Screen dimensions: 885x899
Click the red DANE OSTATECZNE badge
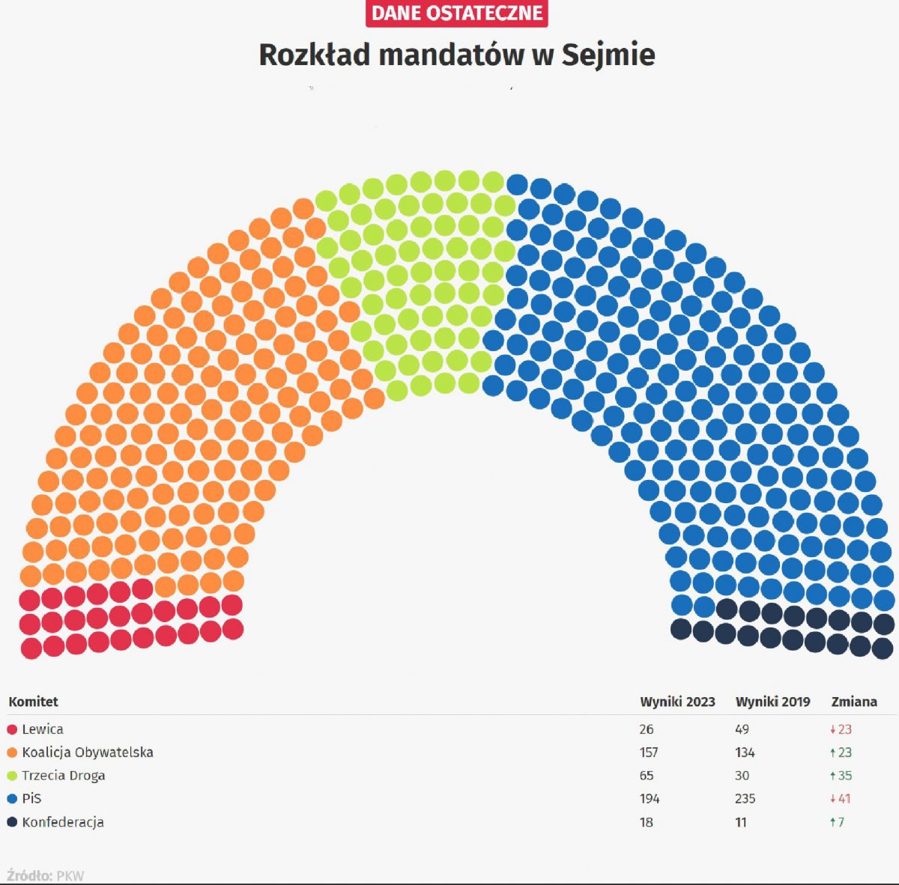(x=457, y=13)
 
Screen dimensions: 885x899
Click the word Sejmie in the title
(x=608, y=55)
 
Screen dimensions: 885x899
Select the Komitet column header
(x=33, y=702)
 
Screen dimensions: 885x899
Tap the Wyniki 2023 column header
(x=677, y=702)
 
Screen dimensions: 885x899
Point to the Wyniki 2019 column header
(x=772, y=702)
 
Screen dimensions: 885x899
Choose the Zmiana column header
(x=854, y=702)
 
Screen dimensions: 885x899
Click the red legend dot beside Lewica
(x=12, y=729)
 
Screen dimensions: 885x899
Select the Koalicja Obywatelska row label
(x=88, y=752)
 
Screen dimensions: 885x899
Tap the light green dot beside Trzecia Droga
(x=12, y=776)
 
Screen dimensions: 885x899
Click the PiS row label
(x=31, y=799)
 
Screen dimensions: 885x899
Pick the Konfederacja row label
(x=63, y=822)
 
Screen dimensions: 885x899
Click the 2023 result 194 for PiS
(x=650, y=799)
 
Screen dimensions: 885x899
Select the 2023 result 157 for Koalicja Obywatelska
(x=649, y=752)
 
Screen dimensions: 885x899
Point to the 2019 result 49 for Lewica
(x=742, y=729)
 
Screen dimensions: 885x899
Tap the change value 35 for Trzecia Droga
(x=844, y=776)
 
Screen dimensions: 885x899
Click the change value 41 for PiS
(x=844, y=799)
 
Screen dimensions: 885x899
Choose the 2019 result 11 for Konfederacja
(x=740, y=822)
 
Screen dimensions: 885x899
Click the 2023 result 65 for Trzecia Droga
(x=647, y=776)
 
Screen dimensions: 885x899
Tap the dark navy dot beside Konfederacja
(x=12, y=822)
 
